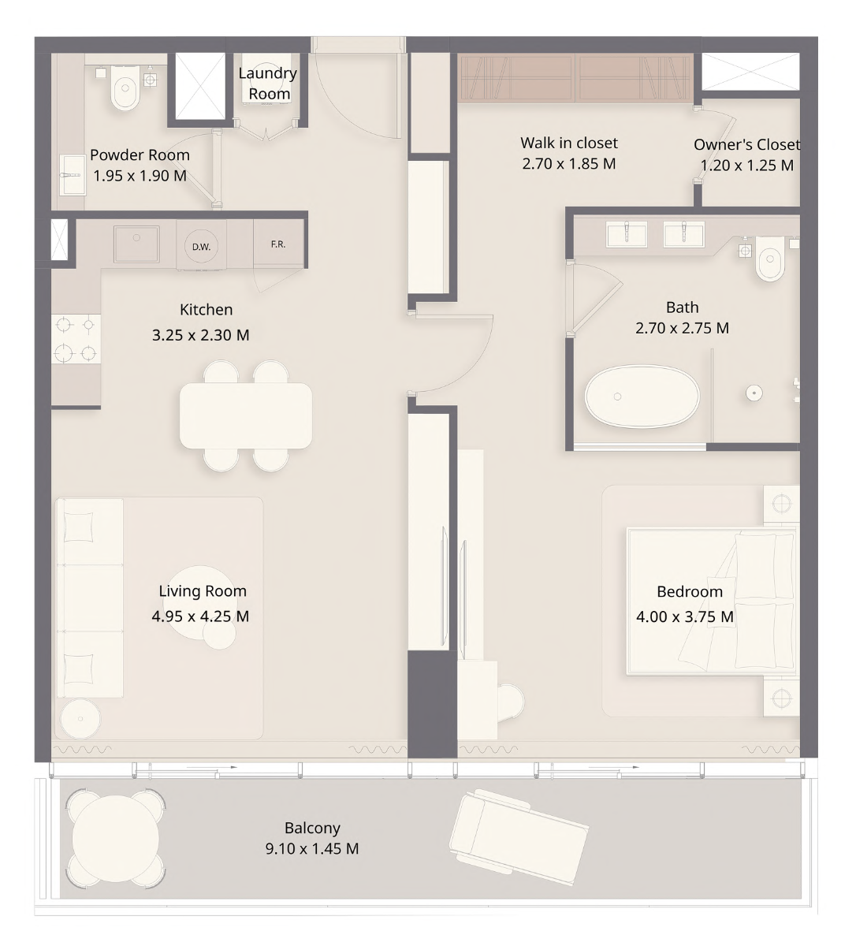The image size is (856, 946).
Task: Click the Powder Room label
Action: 140,155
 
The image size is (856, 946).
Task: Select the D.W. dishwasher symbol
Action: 201,246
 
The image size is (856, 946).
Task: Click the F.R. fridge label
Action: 278,244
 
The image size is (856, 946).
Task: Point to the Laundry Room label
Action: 267,84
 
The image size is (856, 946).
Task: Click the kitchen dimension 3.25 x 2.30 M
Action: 200,335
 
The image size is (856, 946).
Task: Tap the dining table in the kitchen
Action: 246,415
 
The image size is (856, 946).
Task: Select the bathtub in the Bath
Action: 642,396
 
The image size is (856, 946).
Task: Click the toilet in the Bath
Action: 770,259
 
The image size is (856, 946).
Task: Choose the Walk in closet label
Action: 569,143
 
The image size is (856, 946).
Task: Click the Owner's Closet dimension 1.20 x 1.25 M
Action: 747,165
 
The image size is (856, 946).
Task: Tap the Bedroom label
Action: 690,591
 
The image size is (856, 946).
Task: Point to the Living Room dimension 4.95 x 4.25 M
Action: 200,616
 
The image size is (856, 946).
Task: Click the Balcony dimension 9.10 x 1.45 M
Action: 312,848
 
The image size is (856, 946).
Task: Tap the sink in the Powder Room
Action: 73,174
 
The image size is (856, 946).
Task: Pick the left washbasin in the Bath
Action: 627,234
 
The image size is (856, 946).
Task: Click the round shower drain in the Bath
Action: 754,393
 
